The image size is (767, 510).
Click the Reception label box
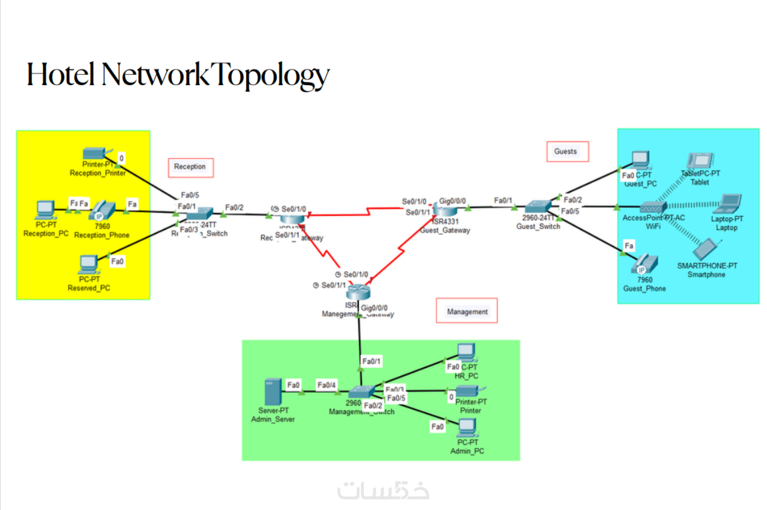click(190, 167)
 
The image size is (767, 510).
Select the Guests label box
click(567, 152)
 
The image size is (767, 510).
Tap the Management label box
click(467, 311)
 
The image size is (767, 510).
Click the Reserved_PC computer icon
click(89, 264)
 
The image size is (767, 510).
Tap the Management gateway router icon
click(358, 292)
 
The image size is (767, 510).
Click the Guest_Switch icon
click(538, 207)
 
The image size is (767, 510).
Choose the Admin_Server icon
click(273, 392)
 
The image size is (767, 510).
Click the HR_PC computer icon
click(466, 352)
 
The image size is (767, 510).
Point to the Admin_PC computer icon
click(467, 427)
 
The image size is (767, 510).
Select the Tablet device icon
click(700, 161)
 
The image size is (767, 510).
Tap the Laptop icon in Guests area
click(729, 204)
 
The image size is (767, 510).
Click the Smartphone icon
click(706, 249)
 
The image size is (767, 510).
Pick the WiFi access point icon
click(652, 208)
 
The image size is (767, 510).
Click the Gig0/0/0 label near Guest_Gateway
click(452, 201)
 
